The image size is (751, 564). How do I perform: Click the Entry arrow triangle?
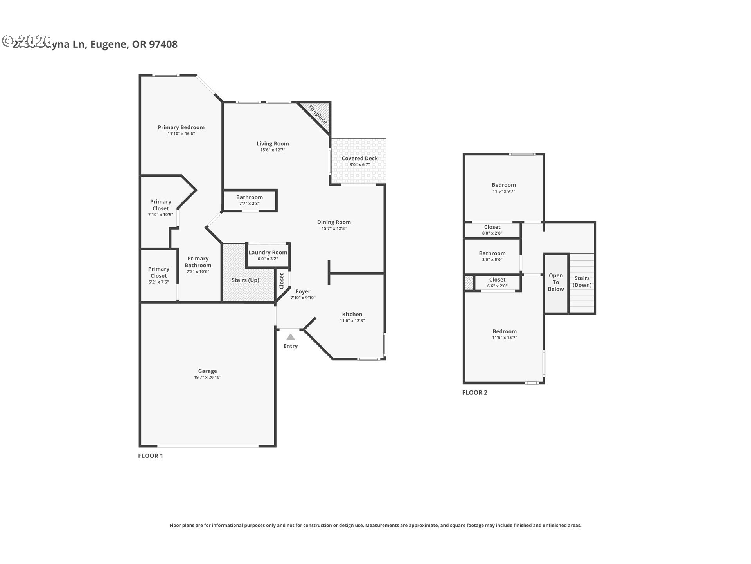[x=290, y=337]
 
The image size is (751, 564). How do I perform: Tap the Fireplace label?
[x=317, y=114]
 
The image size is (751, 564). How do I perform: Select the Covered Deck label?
[x=359, y=158]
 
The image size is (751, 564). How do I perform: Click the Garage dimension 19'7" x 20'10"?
[x=207, y=377]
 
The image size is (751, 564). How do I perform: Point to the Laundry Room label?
[x=268, y=253]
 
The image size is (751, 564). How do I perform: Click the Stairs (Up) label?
[x=245, y=280]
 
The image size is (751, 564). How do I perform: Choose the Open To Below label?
[x=555, y=282]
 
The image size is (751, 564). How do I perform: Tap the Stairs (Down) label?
[x=582, y=281]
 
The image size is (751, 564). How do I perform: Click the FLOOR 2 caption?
[x=474, y=392]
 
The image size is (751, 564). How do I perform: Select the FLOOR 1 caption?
[x=150, y=456]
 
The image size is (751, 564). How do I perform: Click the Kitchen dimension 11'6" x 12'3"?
[x=352, y=320]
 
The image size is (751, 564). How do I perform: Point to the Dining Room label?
[x=334, y=222]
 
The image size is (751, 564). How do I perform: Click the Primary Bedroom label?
[x=181, y=127]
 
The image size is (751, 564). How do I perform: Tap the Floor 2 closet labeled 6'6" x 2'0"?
[x=497, y=282]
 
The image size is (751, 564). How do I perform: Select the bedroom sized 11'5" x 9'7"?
[x=503, y=188]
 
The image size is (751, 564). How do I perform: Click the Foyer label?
[x=303, y=291]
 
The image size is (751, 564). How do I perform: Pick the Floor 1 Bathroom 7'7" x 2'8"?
[x=249, y=200]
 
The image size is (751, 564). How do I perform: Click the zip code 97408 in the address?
[x=163, y=44]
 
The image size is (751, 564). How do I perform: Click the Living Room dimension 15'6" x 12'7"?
[x=273, y=150]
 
